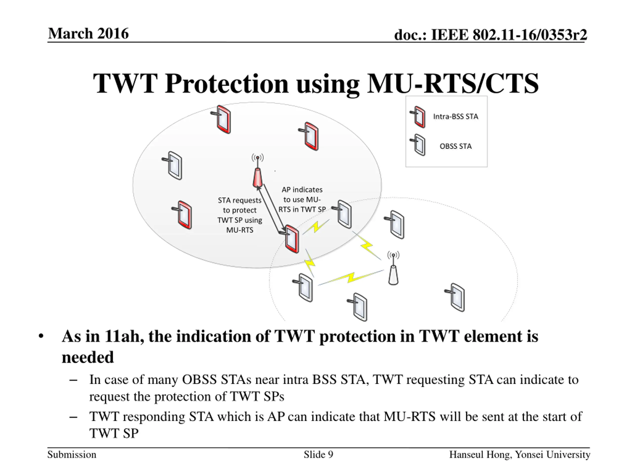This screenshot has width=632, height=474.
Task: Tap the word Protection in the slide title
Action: coord(227,83)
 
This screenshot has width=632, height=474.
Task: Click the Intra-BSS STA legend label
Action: coord(455,117)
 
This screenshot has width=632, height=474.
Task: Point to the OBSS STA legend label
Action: coord(455,146)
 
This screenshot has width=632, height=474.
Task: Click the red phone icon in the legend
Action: coord(418,117)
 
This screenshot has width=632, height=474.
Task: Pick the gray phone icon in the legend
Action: coord(418,145)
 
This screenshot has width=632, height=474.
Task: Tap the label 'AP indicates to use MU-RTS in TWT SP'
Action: coord(302,199)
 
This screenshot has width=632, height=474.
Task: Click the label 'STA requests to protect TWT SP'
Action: coord(240,215)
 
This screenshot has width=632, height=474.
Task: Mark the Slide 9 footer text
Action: coord(318,454)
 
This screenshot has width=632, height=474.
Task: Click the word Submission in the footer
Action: coord(72,454)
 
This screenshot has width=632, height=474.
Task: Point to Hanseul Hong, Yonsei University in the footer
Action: coord(519,454)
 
